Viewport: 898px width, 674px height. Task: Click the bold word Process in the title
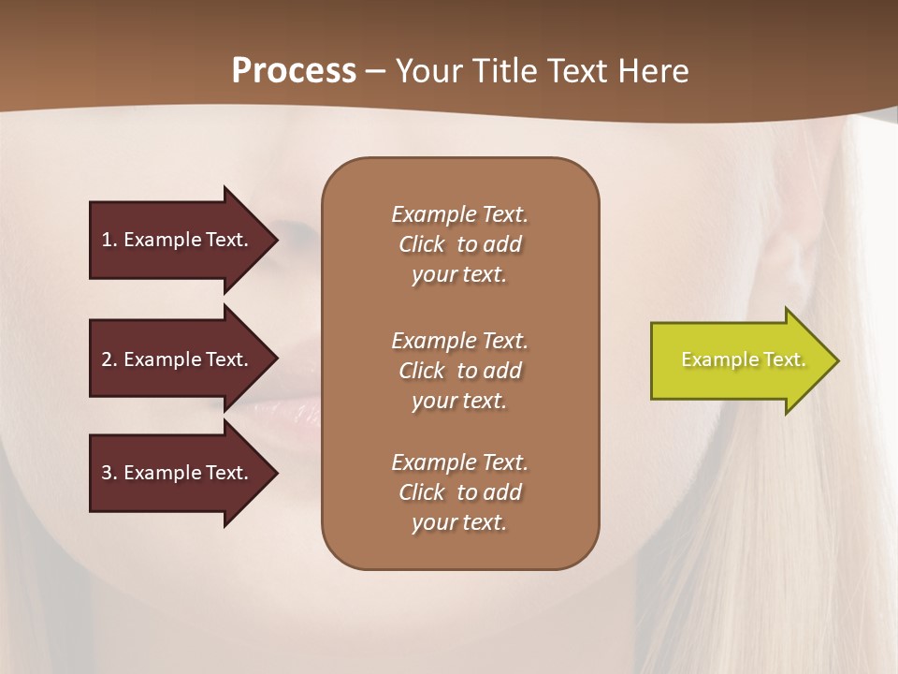[x=294, y=71]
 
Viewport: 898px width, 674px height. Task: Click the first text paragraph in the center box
[x=459, y=244]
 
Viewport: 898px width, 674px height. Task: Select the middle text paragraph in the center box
[x=459, y=371]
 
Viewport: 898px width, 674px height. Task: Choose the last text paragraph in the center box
[x=459, y=492]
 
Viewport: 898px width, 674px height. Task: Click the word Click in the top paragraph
[x=422, y=244]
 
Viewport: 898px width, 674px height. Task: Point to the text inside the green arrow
[x=743, y=359]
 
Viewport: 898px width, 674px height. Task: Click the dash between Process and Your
[x=375, y=72]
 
